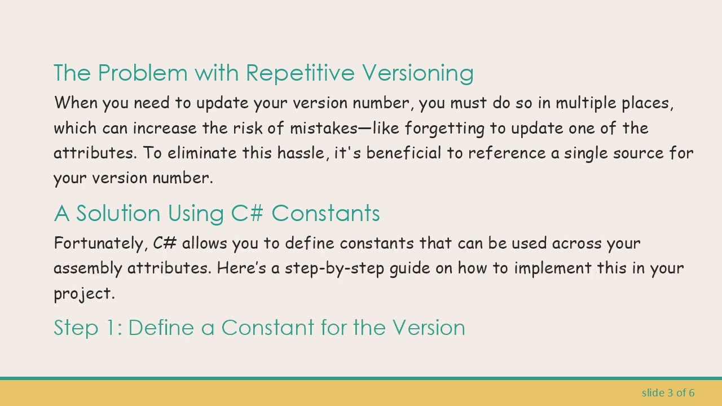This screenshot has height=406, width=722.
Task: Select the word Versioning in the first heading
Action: tap(418, 73)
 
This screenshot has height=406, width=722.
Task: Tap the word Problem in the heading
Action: tap(143, 73)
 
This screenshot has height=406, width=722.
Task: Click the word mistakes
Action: tap(323, 128)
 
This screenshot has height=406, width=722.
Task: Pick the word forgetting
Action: tap(444, 129)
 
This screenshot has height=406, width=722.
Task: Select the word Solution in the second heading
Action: tap(118, 214)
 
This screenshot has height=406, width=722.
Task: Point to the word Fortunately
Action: tap(100, 244)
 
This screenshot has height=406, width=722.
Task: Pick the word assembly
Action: tap(88, 268)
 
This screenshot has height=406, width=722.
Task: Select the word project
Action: tap(84, 294)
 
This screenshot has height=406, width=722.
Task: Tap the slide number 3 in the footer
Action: tap(671, 392)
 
